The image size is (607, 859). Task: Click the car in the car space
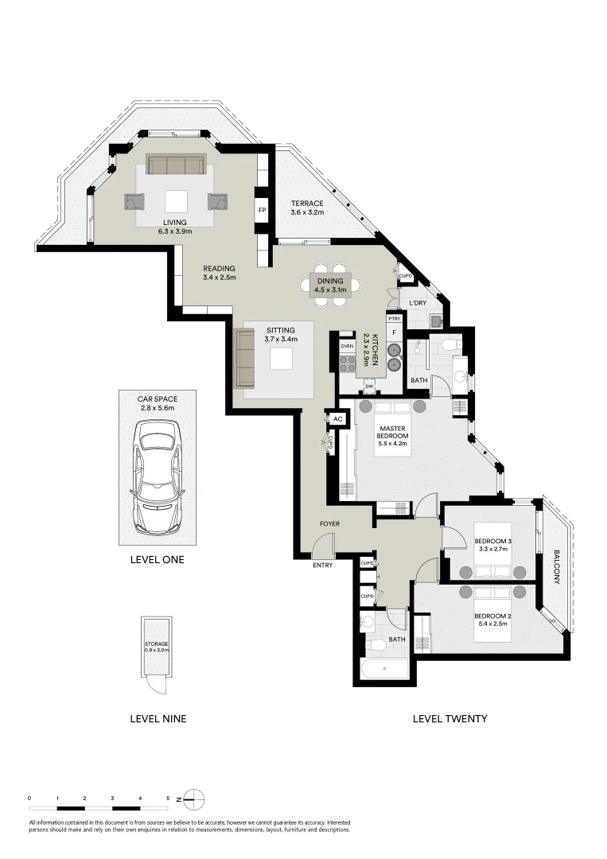tap(158, 477)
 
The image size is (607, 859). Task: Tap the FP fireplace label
tap(261, 211)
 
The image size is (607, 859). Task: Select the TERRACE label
tap(306, 204)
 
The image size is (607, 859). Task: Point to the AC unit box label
tap(337, 418)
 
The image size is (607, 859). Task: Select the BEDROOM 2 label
tap(490, 616)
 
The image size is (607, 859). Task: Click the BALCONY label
tap(556, 567)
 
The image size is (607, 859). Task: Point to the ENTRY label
tap(323, 565)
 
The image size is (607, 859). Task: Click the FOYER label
tap(331, 524)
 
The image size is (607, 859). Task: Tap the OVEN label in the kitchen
tap(347, 347)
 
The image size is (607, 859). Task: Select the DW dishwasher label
tap(369, 387)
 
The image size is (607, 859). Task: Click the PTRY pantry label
tap(392, 318)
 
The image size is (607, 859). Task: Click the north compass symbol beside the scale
tap(196, 798)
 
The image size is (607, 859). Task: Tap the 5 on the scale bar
tap(168, 797)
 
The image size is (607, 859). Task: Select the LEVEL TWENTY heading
tap(449, 718)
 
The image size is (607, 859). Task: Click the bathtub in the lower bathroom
tap(384, 669)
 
